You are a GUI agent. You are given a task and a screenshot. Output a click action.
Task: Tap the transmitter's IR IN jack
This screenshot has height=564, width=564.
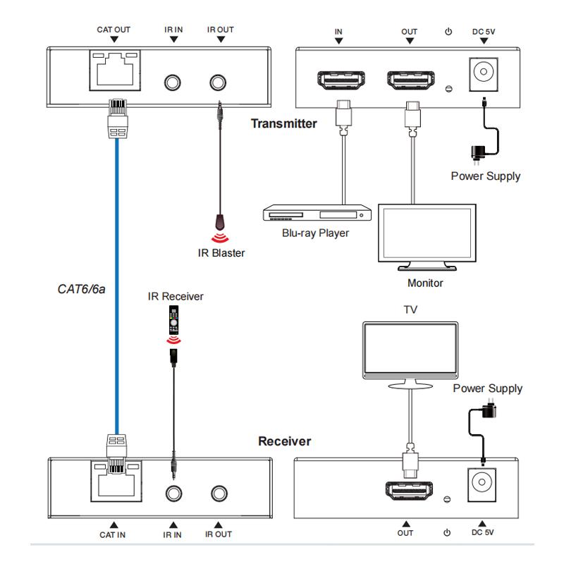click(172, 82)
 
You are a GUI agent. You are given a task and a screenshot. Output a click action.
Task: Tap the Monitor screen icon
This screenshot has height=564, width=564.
click(428, 236)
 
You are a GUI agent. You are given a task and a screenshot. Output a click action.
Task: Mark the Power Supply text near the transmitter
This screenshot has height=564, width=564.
click(486, 176)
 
